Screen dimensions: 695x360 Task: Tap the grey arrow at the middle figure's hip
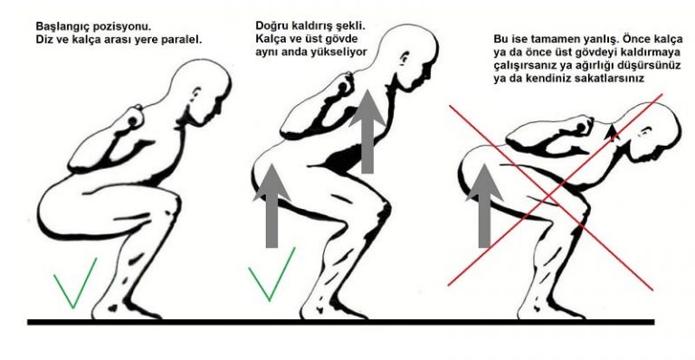pyautogui.click(x=271, y=205)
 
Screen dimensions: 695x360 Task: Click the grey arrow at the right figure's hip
pyautogui.click(x=485, y=205)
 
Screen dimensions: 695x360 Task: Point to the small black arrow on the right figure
pyautogui.click(x=612, y=133)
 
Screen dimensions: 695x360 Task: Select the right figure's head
pyautogui.click(x=652, y=129)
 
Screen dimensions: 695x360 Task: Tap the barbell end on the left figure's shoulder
pyautogui.click(x=132, y=121)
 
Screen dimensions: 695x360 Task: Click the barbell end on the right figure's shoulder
pyautogui.click(x=581, y=128)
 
